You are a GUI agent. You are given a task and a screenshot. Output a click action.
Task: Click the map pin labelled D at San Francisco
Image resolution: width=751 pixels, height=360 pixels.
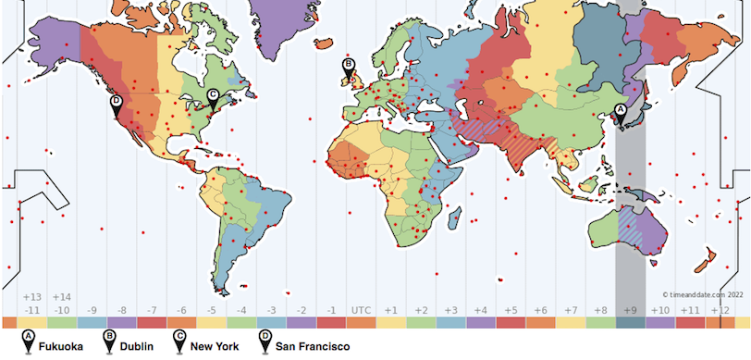pos(116,103)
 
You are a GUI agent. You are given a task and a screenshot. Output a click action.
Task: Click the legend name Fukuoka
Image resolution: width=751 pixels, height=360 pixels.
pos(61,347)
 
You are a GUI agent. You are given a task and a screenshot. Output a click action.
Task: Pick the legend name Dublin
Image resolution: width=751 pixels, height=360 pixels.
pos(137,347)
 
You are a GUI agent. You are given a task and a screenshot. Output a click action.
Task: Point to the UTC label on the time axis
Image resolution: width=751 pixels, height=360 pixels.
pos(362,309)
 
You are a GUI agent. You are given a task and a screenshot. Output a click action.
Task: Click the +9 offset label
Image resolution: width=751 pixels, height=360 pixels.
pos(631,309)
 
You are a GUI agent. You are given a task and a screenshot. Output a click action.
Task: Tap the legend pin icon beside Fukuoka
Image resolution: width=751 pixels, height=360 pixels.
pos(29,343)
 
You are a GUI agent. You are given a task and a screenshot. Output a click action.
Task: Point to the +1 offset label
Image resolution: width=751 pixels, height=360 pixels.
pos(391,309)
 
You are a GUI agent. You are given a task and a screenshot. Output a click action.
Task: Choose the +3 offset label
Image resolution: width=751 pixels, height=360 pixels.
pos(451,309)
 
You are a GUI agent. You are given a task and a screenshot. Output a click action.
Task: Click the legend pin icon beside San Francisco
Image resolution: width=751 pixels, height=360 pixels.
pos(265,343)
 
